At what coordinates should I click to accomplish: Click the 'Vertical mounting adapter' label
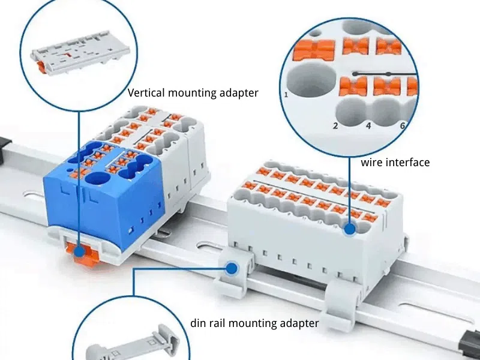pyautogui.click(x=193, y=93)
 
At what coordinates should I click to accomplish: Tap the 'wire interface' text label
pyautogui.click(x=395, y=163)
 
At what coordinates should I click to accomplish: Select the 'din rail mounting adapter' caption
pyautogui.click(x=254, y=323)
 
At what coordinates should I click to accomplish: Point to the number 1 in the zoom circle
pyautogui.click(x=286, y=94)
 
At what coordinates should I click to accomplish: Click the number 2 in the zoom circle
pyautogui.click(x=335, y=125)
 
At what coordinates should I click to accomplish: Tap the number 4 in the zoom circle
pyautogui.click(x=368, y=125)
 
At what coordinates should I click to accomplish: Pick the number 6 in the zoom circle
pyautogui.click(x=402, y=125)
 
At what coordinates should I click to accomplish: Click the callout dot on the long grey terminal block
pyautogui.click(x=350, y=228)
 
